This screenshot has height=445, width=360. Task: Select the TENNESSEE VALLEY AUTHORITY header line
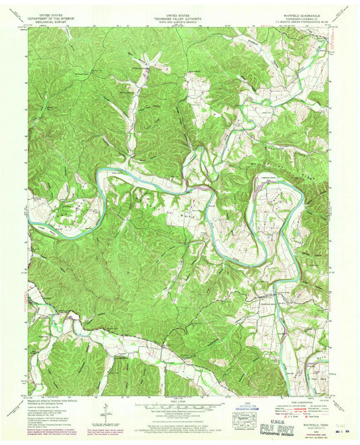pyautogui.click(x=179, y=17)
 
